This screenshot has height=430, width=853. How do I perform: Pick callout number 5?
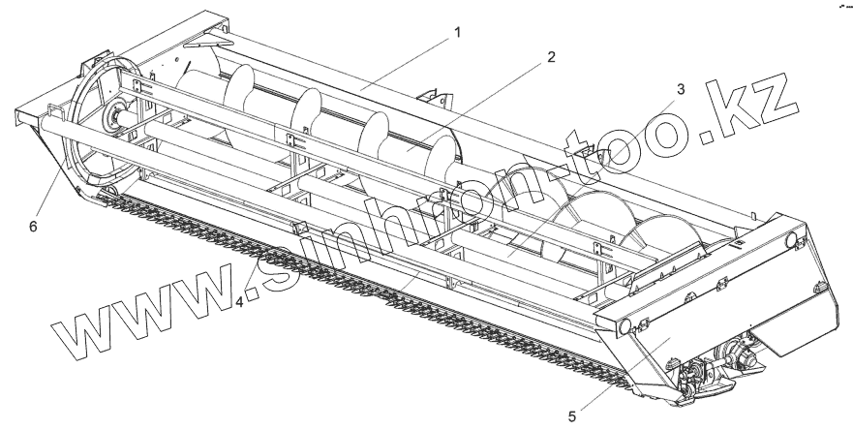[x=571, y=416]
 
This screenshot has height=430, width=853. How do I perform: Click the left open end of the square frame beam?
[x=24, y=115]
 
